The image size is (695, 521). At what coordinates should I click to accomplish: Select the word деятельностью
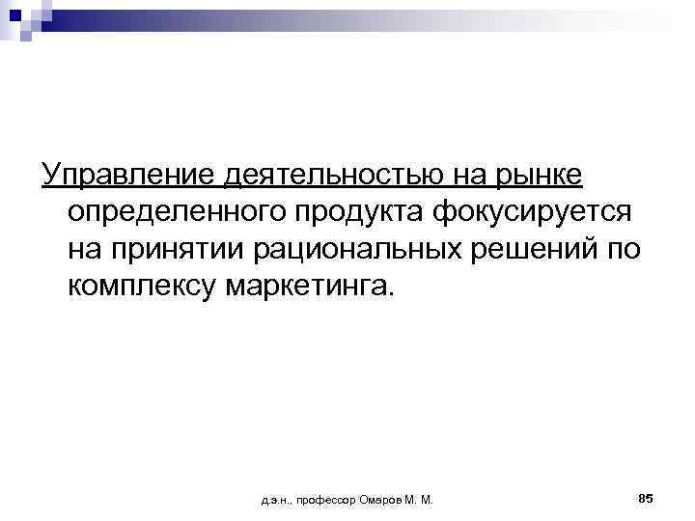click(x=320, y=177)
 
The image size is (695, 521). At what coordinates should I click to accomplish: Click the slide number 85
click(x=646, y=497)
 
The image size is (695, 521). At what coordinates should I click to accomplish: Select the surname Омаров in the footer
click(x=381, y=500)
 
